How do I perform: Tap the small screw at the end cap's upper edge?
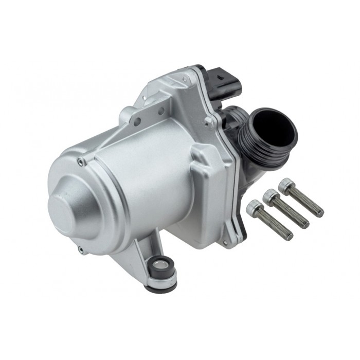coord(80,162)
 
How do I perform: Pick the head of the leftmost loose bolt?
coord(254,207)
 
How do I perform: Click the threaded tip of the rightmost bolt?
coord(319,211)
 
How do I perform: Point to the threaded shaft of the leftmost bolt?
coord(278,226)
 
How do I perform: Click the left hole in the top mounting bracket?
coord(137,121)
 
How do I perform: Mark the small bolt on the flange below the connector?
coord(208,121)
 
